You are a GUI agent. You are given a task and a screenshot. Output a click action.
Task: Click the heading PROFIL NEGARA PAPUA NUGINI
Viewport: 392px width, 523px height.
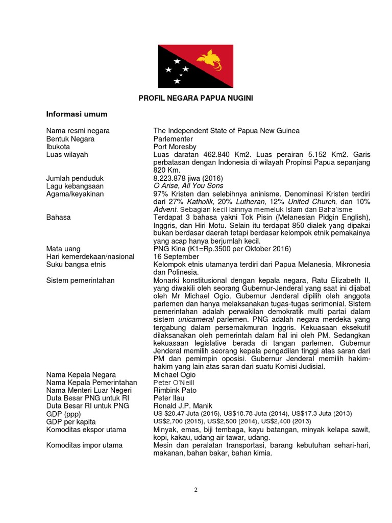point(196,98)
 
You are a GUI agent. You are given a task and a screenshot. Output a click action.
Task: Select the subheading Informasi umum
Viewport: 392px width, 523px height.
point(77,114)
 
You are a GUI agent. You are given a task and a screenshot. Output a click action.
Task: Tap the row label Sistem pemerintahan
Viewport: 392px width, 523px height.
point(80,280)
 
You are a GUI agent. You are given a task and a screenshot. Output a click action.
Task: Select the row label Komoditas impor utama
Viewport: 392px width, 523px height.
point(84,445)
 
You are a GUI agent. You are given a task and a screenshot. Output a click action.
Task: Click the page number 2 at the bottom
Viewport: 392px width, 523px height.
point(195,490)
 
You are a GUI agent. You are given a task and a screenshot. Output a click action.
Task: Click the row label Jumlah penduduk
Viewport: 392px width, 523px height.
point(75,178)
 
